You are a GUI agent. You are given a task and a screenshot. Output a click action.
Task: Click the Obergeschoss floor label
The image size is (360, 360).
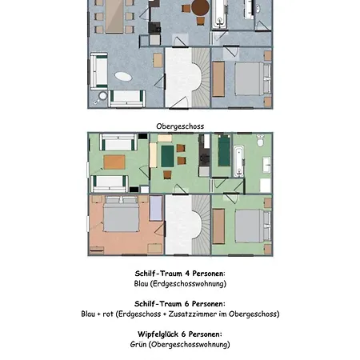pos(180,126)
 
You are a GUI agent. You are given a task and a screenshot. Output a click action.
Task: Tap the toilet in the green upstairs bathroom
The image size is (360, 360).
pos(261,140)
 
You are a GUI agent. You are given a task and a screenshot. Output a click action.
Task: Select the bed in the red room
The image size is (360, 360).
pos(122,214)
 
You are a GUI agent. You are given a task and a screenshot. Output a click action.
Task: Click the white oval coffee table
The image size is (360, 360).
pos(123,77)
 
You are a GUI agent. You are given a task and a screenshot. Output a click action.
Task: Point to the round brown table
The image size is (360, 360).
pos(200,7)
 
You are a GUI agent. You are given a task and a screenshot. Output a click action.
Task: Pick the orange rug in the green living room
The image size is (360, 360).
pos(114,162)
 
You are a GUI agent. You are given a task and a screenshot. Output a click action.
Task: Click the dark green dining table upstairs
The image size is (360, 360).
pos(167,156)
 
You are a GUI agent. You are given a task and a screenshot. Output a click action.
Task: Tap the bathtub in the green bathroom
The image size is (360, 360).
pos(239,162)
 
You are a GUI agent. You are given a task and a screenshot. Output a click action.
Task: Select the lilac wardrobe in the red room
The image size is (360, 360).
pos(156,208)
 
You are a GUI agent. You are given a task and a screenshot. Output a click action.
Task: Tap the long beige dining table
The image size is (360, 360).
pos(114,16)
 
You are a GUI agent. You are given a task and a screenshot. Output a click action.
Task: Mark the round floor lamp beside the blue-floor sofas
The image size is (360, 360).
pos(102,95)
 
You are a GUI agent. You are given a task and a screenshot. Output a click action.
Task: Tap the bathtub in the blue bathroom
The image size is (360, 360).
pos(219,14)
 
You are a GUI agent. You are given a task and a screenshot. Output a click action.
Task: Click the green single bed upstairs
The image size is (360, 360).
pos(224,150)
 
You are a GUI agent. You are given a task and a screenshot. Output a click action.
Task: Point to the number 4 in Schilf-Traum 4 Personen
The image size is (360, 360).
pos(187,274)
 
